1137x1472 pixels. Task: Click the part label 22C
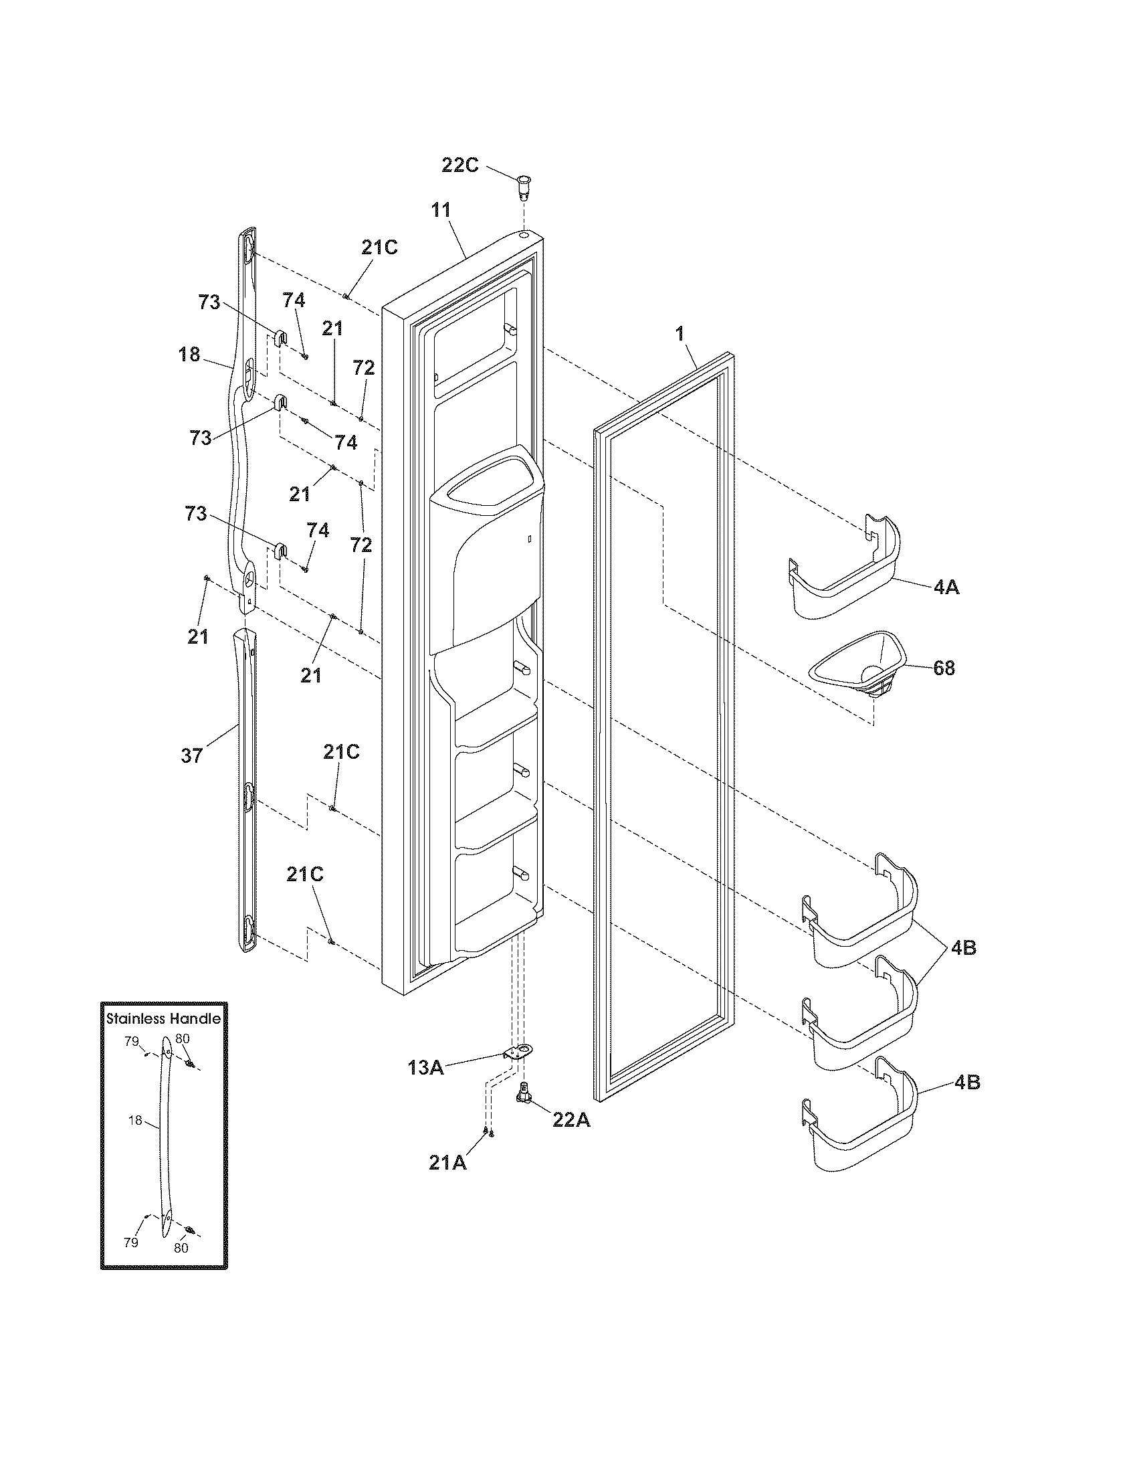pyautogui.click(x=460, y=165)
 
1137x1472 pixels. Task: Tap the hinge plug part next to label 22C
pyautogui.click(x=524, y=186)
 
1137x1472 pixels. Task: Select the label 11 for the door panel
pyautogui.click(x=441, y=210)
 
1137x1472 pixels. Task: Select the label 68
pyautogui.click(x=944, y=668)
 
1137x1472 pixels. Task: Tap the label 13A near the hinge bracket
pyautogui.click(x=425, y=1067)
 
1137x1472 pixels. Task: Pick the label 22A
pyautogui.click(x=571, y=1119)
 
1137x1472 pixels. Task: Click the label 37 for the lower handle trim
pyautogui.click(x=192, y=755)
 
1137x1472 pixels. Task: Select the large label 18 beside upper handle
pyautogui.click(x=190, y=354)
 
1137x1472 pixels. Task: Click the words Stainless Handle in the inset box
pyautogui.click(x=164, y=1018)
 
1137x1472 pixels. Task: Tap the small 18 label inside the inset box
pyautogui.click(x=135, y=1120)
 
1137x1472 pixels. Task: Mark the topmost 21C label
pyautogui.click(x=379, y=248)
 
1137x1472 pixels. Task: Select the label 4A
pyautogui.click(x=946, y=587)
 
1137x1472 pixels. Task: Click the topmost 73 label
pyautogui.click(x=209, y=302)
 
